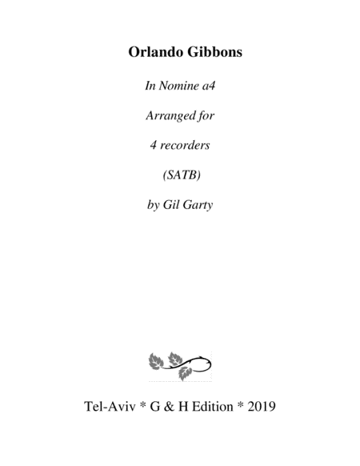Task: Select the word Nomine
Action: pyautogui.click(x=178, y=86)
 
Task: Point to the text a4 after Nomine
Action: pyautogui.click(x=208, y=86)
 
